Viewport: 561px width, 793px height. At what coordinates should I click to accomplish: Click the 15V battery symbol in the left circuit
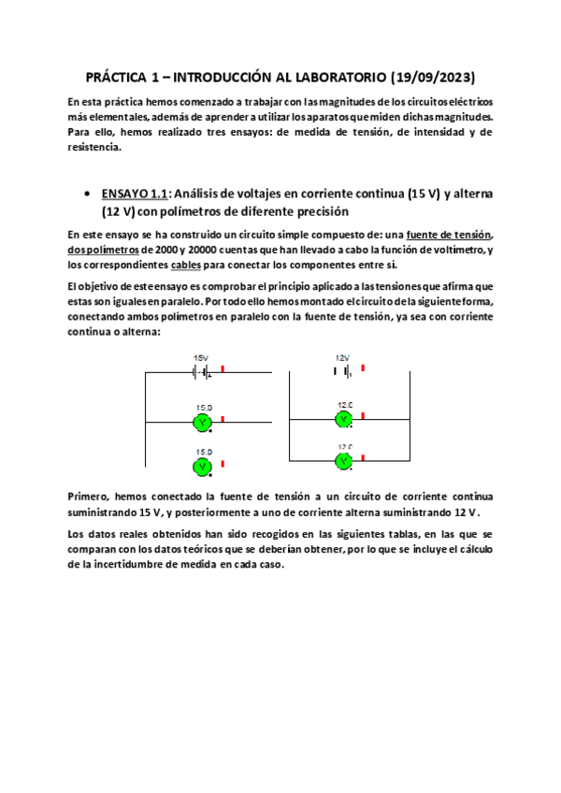coord(200,372)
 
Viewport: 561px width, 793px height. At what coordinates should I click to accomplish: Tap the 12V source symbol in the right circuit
coord(342,371)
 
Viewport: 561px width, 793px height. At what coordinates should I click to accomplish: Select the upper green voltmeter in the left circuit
coord(202,423)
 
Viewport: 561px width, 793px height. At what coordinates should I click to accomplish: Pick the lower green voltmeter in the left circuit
coord(202,465)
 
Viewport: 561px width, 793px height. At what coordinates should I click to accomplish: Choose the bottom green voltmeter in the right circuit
coord(344,460)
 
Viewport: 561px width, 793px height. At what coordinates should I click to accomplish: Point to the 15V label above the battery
coord(201,358)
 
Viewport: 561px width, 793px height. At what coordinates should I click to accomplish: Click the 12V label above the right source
coord(342,357)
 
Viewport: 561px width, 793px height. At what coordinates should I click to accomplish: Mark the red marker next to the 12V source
coord(363,368)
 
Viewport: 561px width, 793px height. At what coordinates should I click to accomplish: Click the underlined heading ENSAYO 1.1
coord(134,194)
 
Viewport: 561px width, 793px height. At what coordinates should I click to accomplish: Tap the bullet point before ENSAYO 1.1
coord(87,195)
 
